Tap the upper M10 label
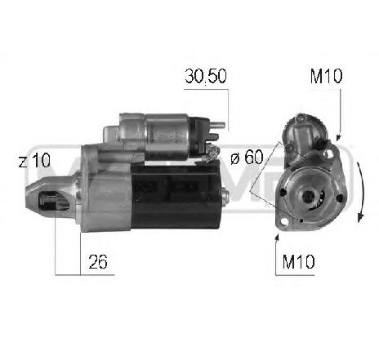click(326, 77)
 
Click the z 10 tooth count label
click(32, 162)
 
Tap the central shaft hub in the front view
click(311, 197)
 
